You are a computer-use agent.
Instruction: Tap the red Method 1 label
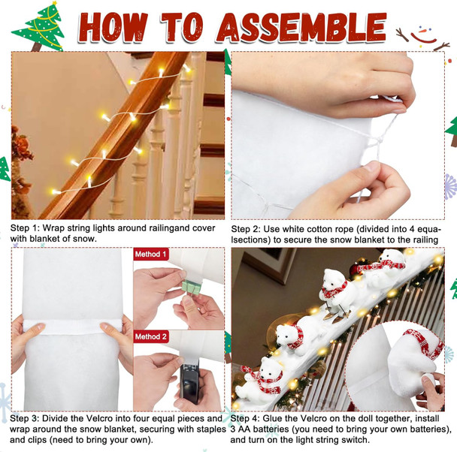pyautogui.click(x=151, y=255)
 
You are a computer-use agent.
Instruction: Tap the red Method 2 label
pyautogui.click(x=151, y=337)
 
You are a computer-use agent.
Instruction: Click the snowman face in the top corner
pyautogui.click(x=424, y=31)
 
